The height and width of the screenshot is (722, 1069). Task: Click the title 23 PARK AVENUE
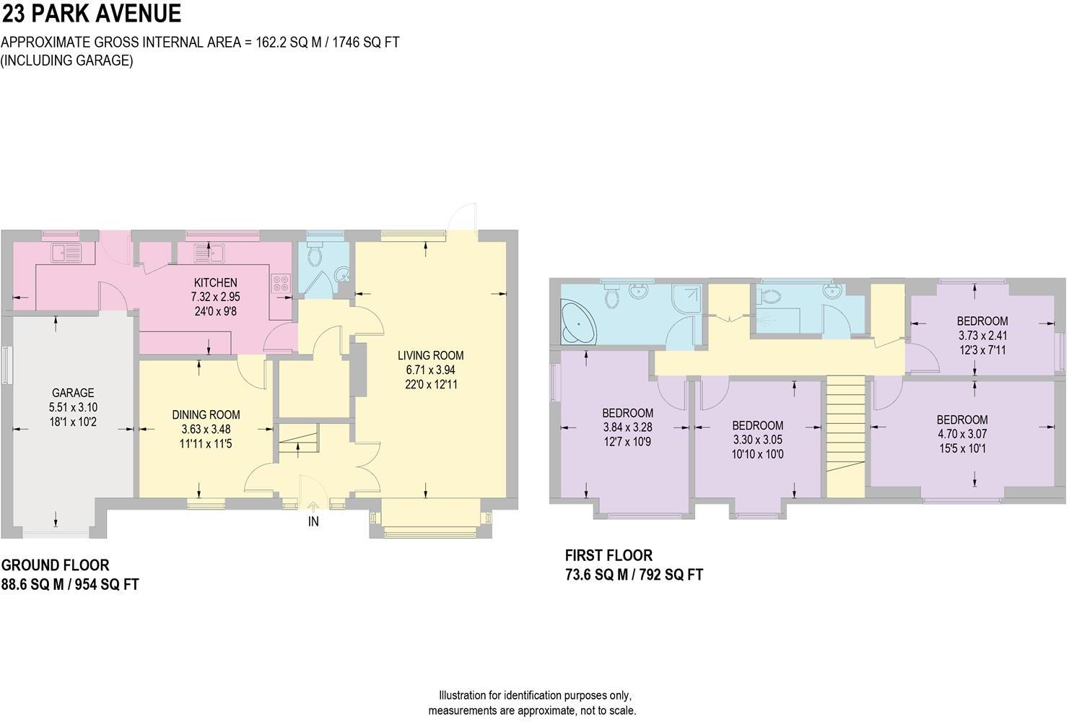coord(91,14)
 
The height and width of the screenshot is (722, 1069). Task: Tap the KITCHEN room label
coord(214,282)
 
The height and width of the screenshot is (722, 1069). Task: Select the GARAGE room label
coord(72,393)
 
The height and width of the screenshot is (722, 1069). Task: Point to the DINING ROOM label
coord(206,414)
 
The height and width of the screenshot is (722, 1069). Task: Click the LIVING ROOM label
coord(430,355)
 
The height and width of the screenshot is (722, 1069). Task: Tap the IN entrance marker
coord(313,521)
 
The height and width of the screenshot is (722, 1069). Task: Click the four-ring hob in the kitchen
coord(281,283)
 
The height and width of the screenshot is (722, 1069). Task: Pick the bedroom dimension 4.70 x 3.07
coord(962,434)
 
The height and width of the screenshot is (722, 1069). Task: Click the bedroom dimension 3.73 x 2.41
coord(982,336)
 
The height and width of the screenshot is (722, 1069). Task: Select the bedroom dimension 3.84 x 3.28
coord(627,427)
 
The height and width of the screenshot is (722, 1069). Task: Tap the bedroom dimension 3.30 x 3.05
coord(757,440)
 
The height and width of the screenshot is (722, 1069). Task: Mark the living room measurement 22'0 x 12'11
coord(431,384)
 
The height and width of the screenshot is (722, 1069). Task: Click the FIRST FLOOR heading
coord(608,555)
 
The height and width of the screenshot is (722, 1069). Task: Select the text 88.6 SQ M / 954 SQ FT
coord(70,584)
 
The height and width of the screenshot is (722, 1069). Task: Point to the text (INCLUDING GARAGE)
coord(67,61)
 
